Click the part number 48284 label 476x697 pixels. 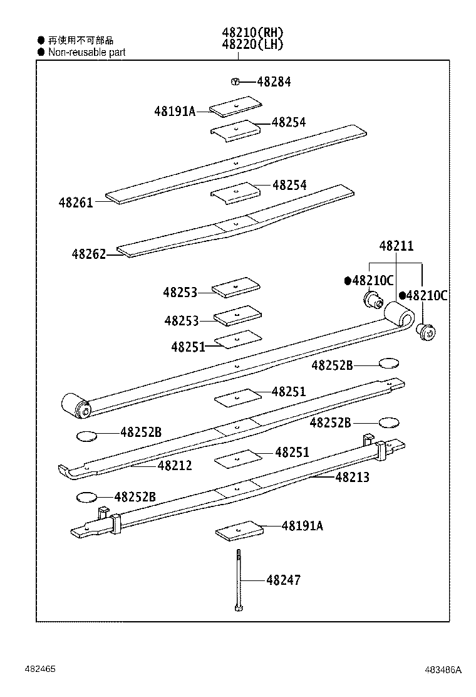274,82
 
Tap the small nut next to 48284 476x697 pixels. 235,81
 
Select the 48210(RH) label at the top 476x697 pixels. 252,33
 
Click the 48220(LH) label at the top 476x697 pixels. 252,45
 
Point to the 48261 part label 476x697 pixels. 76,202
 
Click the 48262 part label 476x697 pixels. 88,254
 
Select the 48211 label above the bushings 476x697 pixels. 396,246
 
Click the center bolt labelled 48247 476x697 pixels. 239,580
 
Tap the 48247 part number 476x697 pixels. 283,580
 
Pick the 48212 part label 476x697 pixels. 175,466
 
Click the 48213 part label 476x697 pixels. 352,478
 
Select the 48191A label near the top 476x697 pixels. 175,111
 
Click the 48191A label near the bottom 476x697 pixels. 303,526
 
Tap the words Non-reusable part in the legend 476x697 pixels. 86,53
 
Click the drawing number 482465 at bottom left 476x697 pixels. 40,669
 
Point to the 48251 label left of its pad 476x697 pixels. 188,347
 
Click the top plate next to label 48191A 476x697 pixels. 235,107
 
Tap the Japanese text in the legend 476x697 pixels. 81,40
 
